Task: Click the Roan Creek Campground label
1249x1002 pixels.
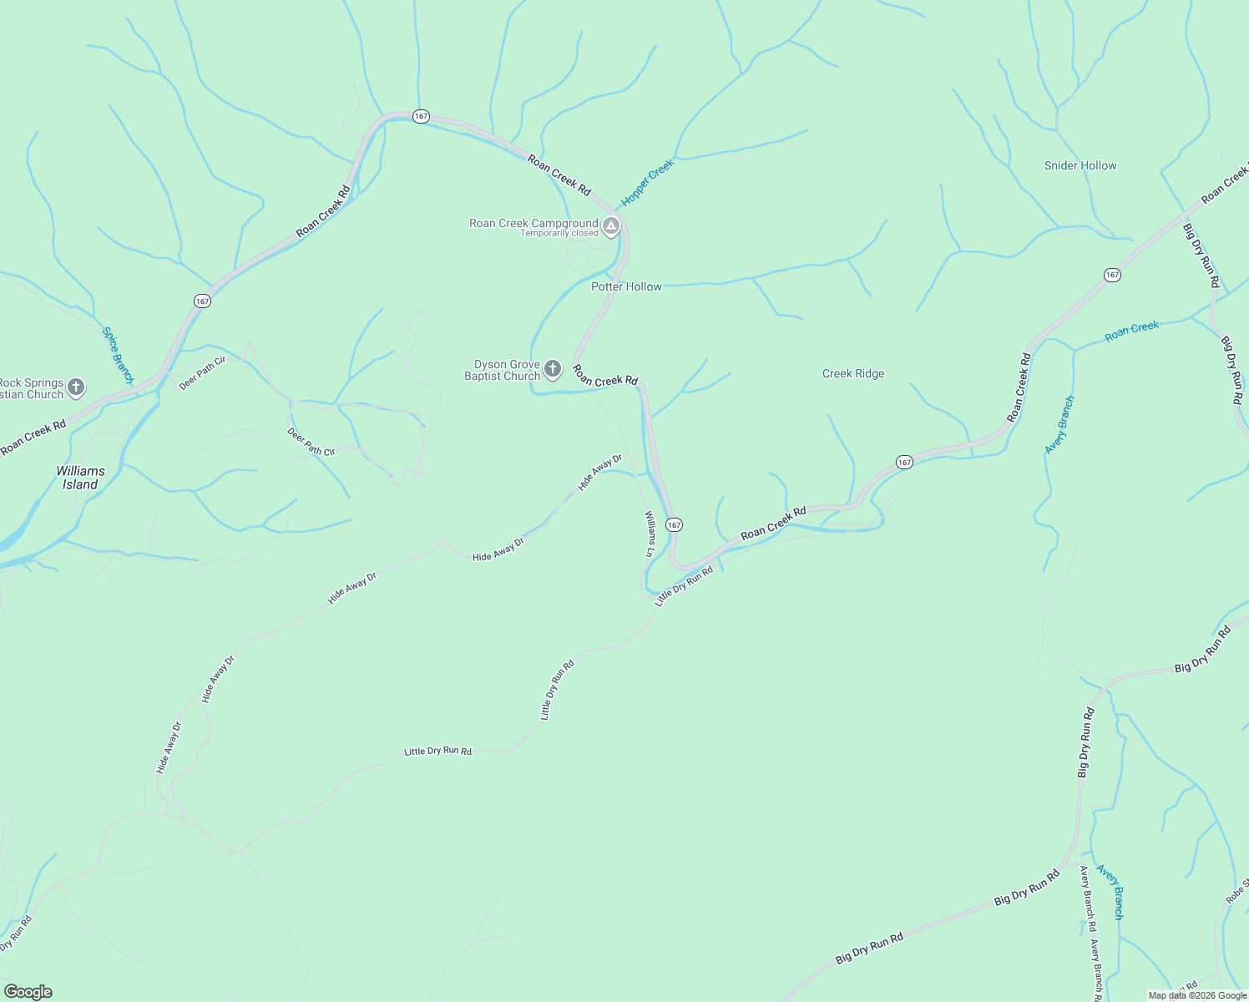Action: point(533,223)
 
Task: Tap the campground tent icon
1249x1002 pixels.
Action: point(611,225)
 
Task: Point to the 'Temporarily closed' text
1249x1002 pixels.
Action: point(559,234)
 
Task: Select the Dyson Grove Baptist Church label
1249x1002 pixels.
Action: point(503,371)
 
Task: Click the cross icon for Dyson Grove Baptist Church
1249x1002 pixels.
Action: point(553,368)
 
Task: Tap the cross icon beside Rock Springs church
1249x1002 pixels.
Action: point(76,387)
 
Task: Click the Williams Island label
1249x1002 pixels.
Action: point(81,478)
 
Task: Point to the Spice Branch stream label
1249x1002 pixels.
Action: point(118,355)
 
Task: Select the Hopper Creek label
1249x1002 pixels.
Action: point(647,184)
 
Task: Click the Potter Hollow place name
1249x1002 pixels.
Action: point(626,286)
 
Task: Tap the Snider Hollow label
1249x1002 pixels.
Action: point(1080,165)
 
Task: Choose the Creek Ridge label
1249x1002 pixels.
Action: point(853,373)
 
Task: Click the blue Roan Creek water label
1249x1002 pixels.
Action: point(1132,331)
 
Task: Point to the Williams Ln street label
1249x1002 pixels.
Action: point(650,534)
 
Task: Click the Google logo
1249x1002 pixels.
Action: point(28,992)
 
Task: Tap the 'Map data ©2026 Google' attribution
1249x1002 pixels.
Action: point(1197,995)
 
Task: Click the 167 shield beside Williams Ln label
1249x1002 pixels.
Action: point(675,524)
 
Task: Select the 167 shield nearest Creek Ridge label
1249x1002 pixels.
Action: point(904,462)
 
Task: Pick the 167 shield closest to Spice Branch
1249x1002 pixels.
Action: point(202,301)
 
